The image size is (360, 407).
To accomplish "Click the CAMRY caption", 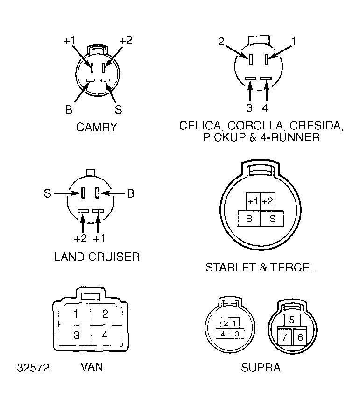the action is (x=97, y=127).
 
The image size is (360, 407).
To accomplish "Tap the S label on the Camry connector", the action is (x=118, y=109).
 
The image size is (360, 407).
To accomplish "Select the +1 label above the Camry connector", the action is (x=70, y=41).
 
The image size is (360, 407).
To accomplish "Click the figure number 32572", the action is (x=33, y=368).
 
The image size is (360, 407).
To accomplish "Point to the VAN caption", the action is (x=92, y=367).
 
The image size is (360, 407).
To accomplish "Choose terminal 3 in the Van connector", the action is (x=76, y=335).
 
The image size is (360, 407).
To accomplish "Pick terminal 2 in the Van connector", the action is (x=105, y=314).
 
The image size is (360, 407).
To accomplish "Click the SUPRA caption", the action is (x=261, y=368).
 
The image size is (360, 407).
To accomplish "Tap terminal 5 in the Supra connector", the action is (x=292, y=320).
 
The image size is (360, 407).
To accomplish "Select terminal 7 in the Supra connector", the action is (x=285, y=337).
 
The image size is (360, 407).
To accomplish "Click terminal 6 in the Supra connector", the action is (x=300, y=337).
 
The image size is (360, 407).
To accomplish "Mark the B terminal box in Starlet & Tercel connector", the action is (x=249, y=219).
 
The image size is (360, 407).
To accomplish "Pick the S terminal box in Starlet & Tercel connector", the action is (x=272, y=219).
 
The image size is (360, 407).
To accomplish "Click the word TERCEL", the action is (x=293, y=267).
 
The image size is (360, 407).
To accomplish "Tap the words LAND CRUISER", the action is (x=97, y=257).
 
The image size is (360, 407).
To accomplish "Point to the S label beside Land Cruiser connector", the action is (x=48, y=193).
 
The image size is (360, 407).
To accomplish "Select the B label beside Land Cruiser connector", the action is (x=130, y=193).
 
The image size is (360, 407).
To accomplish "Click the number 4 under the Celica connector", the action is (x=265, y=108).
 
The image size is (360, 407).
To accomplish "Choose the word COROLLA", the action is (x=256, y=126).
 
